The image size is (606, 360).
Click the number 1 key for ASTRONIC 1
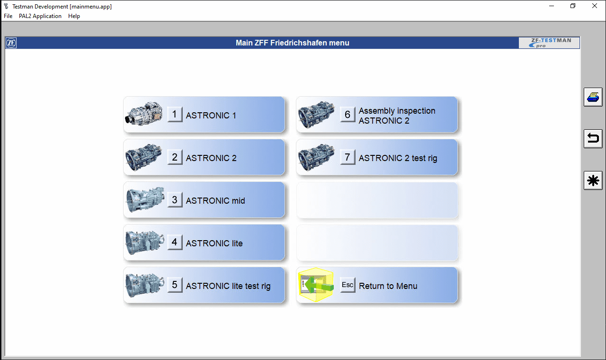coord(175,114)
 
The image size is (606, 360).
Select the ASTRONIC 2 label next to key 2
coord(211,158)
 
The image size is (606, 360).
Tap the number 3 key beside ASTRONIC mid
coord(175,199)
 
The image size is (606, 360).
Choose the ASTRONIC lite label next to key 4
coord(214,243)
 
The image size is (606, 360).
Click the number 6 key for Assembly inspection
coord(348,114)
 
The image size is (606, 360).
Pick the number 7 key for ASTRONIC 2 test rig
coord(348,157)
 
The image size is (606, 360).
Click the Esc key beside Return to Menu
coord(348,285)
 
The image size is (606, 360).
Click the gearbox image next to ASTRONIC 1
coord(144,114)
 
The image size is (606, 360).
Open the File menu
coord(8,16)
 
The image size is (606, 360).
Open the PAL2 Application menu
coord(40,16)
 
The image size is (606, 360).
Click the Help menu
coord(74,16)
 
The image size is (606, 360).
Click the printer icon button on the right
coord(593,97)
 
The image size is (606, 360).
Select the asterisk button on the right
coord(593,180)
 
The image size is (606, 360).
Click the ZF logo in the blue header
coord(11,43)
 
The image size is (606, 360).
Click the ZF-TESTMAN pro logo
coord(549,43)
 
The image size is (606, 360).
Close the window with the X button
coord(595,6)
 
